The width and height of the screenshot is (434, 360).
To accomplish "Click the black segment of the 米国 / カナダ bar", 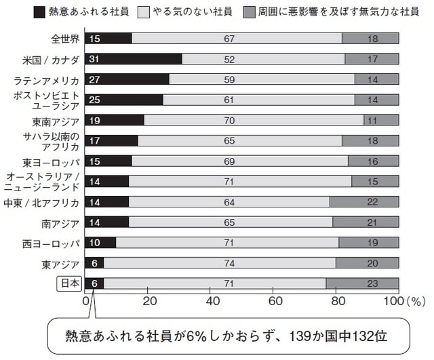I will pos(134,59).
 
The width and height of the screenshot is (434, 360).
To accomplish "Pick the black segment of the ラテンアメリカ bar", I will pos(128,79).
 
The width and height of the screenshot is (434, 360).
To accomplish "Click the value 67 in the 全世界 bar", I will pos(230,39).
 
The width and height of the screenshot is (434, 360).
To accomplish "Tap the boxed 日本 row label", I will pos(70,284).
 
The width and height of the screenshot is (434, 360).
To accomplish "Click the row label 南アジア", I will pos(64,223).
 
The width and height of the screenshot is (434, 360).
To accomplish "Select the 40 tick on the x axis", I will pos(212,300).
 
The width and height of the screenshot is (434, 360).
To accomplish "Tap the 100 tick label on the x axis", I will pos(393,300).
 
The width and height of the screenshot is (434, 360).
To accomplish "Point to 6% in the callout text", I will pos(207,336).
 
